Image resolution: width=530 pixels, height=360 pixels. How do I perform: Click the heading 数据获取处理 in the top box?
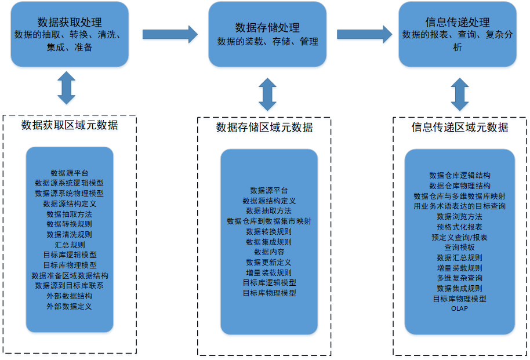click(70, 23)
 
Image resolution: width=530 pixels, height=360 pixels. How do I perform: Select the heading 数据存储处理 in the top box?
click(267, 27)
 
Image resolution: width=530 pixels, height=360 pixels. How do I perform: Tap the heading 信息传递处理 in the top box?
click(458, 22)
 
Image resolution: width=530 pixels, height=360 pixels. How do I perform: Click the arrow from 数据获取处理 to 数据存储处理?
click(170, 34)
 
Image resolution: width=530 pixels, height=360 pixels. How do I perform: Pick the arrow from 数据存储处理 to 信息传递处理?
click(364, 34)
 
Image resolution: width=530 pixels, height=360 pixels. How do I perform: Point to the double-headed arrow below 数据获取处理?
click(67, 88)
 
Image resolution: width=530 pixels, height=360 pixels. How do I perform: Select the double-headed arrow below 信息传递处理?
click(460, 94)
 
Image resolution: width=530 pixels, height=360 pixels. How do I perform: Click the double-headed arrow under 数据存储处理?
click(267, 94)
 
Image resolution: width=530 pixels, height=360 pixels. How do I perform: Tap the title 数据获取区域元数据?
click(70, 125)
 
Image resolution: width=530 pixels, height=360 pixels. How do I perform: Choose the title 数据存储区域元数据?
click(264, 128)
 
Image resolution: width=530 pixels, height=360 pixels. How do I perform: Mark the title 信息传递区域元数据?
click(460, 128)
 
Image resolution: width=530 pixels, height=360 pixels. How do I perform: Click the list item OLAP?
click(459, 308)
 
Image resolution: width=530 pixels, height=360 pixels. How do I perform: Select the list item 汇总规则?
click(70, 245)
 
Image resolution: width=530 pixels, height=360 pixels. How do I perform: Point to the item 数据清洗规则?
click(70, 234)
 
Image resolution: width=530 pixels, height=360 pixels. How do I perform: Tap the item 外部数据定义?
click(70, 306)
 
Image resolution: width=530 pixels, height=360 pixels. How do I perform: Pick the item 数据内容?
click(269, 252)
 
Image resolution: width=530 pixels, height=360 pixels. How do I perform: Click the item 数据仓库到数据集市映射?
click(269, 221)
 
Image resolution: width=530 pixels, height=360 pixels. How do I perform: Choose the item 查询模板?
click(459, 247)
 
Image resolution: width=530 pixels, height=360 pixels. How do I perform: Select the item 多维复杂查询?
click(459, 278)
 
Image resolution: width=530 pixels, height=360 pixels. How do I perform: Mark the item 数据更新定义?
click(269, 262)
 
